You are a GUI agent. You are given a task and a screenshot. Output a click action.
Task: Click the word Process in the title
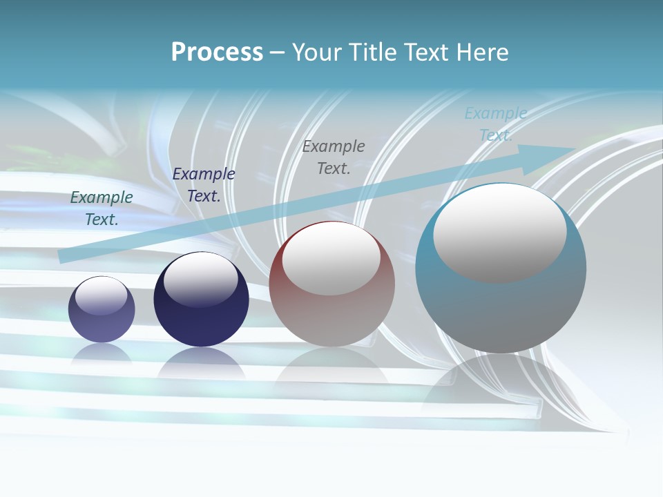[217, 52]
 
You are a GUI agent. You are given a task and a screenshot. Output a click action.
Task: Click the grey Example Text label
[334, 157]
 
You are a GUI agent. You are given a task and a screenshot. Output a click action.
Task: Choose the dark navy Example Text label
[204, 184]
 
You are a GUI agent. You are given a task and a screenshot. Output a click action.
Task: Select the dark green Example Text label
[102, 208]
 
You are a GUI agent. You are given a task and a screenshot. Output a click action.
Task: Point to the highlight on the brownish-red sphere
[331, 257]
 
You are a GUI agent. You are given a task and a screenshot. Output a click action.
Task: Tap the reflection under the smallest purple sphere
[102, 354]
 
